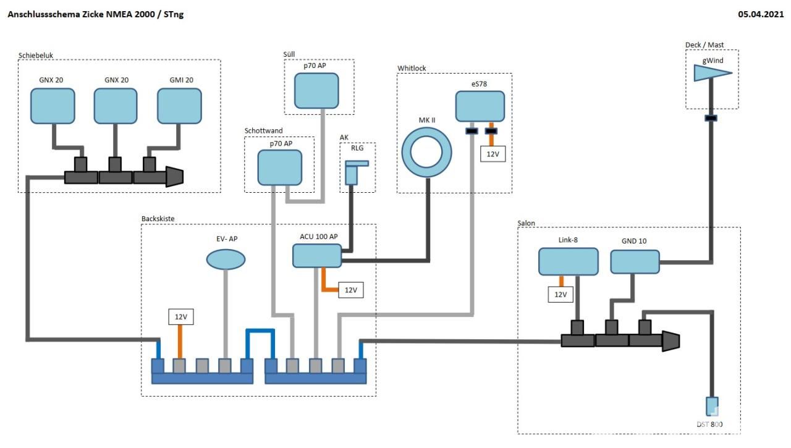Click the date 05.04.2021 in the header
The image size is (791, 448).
761,15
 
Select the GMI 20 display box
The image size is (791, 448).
179,106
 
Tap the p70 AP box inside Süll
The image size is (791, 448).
316,90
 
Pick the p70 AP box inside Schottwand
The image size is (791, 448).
279,167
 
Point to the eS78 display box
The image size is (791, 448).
480,106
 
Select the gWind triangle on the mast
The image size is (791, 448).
711,74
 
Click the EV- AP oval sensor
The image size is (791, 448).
225,260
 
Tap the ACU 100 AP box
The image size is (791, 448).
316,255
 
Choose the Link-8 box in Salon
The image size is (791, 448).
568,261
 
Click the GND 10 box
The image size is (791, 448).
635,261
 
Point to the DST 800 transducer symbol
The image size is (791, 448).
712,406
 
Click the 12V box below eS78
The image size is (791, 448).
493,153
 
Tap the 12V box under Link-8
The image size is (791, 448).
560,294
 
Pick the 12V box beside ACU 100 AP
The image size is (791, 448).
350,290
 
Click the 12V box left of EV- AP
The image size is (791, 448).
181,317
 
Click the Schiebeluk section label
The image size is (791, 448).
36,55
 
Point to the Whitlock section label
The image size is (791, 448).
412,68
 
